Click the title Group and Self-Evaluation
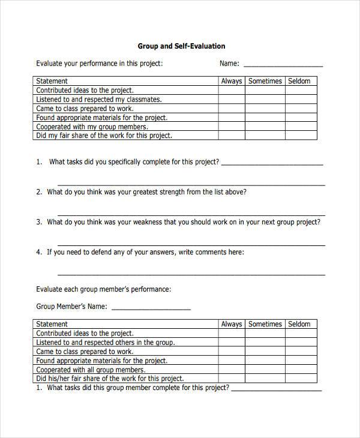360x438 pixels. click(181, 46)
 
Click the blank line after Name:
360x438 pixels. click(283, 64)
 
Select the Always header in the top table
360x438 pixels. click(231, 81)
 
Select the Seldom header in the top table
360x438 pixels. click(299, 81)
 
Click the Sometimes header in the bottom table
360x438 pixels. click(265, 324)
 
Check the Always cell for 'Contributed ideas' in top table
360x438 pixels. click(231, 91)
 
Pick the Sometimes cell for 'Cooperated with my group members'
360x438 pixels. click(265, 127)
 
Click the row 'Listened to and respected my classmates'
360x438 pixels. click(99, 100)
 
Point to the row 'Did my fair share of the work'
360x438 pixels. click(104, 136)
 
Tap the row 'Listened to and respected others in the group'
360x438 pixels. click(106, 343)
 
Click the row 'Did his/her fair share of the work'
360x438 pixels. click(110, 379)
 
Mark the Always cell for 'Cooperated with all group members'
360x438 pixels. click(231, 370)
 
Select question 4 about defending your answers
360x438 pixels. click(145, 253)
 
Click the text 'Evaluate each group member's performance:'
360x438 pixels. click(103, 289)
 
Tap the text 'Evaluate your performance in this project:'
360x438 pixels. click(99, 64)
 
